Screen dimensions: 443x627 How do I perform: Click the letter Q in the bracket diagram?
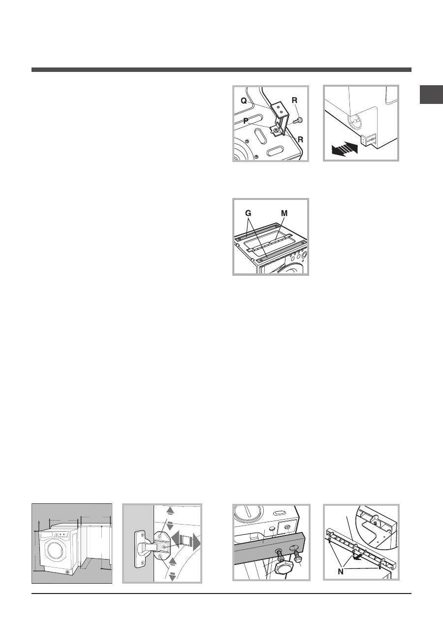(244, 101)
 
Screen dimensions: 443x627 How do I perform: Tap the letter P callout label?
(246, 121)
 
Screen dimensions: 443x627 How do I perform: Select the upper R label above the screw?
(294, 100)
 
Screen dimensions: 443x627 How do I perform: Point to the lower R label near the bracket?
(300, 139)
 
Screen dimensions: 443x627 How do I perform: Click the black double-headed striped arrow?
(345, 149)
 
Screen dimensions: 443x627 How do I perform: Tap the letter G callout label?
(248, 213)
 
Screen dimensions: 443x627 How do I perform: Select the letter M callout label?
(284, 213)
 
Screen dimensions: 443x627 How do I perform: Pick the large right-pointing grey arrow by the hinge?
(196, 543)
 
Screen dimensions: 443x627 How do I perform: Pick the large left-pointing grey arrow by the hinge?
(175, 543)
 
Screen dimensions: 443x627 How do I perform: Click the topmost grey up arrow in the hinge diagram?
(170, 511)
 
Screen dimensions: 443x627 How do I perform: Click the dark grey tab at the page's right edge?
(431, 95)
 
